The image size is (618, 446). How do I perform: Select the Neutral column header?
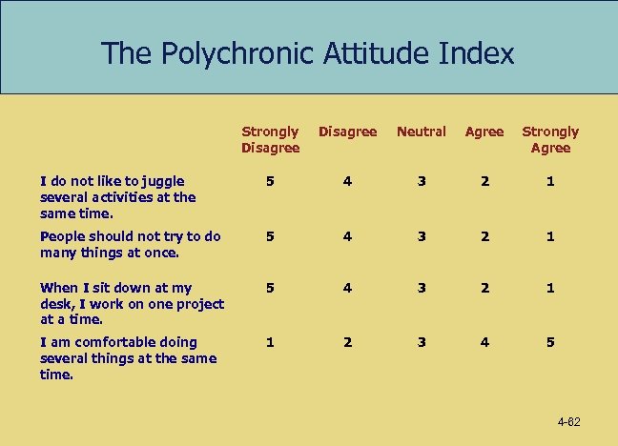421,132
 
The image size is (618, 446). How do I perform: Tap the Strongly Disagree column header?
271,139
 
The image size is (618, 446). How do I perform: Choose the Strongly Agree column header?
550,139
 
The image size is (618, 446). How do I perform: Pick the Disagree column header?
347,132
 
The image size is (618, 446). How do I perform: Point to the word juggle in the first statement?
160,179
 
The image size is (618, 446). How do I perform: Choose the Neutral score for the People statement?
421,236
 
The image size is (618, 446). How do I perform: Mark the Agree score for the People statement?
484,236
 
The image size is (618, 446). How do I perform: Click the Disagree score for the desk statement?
347,288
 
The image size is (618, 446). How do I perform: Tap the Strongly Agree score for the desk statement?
550,288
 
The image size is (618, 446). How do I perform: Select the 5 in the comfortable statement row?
550,342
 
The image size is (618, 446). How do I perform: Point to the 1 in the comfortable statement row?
271,342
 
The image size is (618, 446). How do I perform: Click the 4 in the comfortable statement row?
484,342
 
